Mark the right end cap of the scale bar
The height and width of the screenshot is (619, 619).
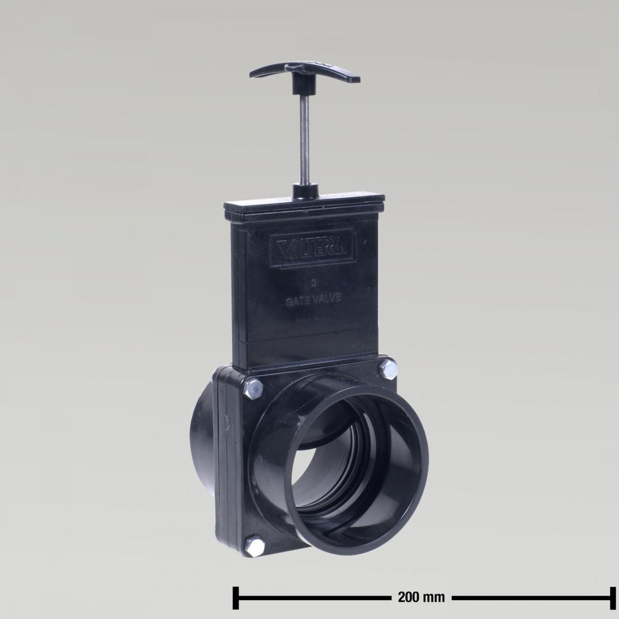(607, 596)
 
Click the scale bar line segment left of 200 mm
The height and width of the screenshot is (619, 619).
(311, 596)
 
